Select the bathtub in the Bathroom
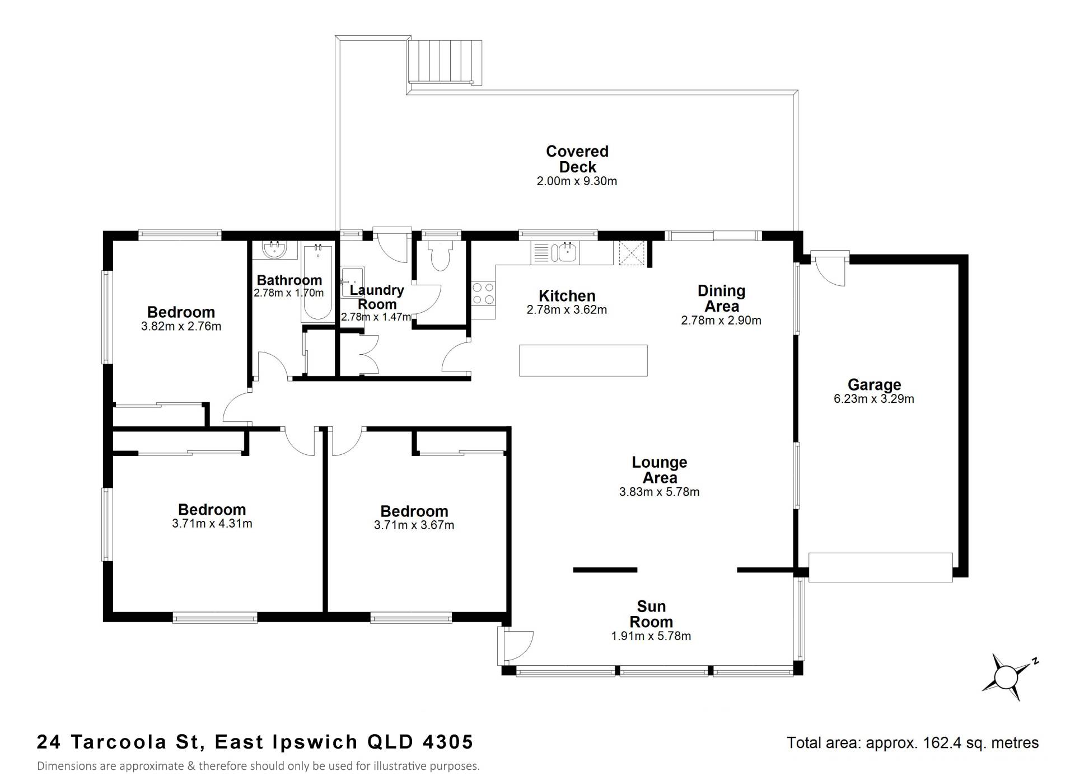point(317,282)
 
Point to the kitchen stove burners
point(483,294)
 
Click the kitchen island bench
point(583,360)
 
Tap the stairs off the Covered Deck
point(445,62)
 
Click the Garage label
point(874,384)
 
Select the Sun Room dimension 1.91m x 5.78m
point(651,636)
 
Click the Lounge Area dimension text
point(660,492)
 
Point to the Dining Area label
point(722,298)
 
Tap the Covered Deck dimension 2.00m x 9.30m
point(577,181)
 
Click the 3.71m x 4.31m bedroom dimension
point(212,524)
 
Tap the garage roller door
point(881,567)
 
